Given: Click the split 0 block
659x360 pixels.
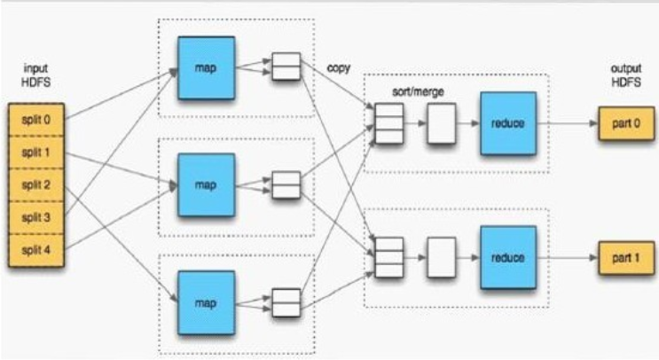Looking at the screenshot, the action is (36, 120).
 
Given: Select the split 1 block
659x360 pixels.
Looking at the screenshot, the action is (36, 153).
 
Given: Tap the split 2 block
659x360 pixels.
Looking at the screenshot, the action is (36, 185).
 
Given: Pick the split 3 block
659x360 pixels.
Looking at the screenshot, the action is (36, 217).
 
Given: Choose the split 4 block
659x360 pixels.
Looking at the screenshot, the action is (36, 250).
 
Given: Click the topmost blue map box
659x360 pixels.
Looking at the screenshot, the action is (207, 68).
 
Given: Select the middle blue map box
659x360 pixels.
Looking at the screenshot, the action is (207, 184).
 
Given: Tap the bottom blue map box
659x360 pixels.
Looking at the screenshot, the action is (207, 302).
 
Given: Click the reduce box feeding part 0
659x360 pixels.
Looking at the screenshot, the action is (508, 123).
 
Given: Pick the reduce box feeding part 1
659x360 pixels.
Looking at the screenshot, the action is (508, 257).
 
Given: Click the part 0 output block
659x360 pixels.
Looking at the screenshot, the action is (627, 123).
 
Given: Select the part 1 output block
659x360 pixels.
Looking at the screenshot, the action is (627, 258).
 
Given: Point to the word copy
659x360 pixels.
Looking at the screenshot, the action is (339, 68).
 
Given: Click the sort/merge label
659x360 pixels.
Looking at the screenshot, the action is (418, 91).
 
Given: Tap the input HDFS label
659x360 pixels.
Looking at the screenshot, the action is (36, 75).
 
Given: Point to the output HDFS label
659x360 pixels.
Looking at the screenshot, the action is (626, 75).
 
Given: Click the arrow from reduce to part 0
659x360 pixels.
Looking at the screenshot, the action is (568, 123).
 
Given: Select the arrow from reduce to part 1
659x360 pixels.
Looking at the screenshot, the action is (568, 257).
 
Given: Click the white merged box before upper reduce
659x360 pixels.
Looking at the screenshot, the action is (442, 123).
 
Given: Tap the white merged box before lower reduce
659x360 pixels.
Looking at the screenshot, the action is (442, 257).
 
